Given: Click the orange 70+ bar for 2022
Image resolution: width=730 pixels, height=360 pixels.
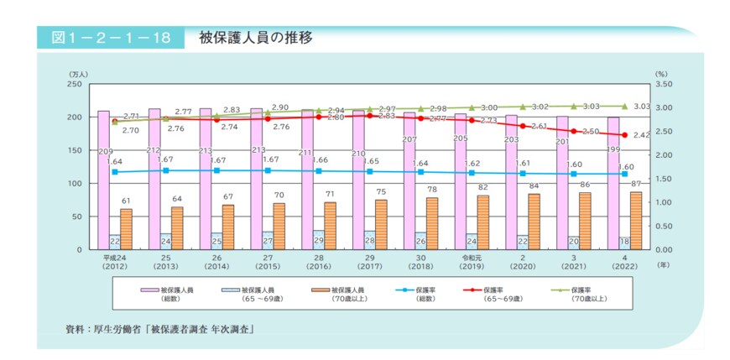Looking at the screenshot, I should (x=635, y=220).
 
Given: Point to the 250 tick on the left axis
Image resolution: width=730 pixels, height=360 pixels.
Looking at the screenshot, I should (x=75, y=85).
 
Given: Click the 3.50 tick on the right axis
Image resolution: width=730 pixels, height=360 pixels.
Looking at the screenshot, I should (x=662, y=85).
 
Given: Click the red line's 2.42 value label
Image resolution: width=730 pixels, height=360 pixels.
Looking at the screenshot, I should (x=643, y=135).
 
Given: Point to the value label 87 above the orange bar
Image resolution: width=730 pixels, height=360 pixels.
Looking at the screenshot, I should (x=635, y=184).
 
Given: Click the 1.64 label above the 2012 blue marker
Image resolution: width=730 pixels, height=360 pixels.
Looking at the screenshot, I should (x=116, y=161).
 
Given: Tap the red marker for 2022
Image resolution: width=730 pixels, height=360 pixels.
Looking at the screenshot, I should (x=623, y=134).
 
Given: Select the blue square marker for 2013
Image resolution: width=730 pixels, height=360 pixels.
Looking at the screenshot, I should (x=165, y=170).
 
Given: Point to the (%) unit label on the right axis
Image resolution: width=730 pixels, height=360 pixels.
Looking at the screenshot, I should (x=660, y=75).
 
